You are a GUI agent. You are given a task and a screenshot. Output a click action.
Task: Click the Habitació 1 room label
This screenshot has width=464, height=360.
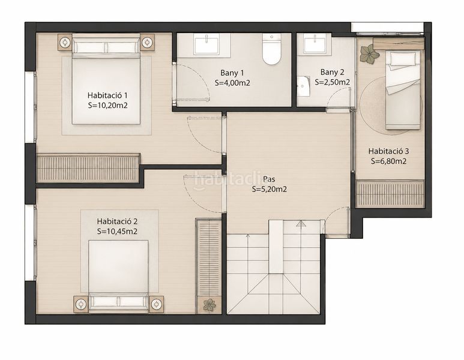107,95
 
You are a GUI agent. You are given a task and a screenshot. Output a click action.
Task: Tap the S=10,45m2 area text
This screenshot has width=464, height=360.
117,232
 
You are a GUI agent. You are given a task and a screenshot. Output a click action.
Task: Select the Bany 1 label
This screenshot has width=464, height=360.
232,73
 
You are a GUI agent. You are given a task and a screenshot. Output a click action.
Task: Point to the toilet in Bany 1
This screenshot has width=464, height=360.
272,49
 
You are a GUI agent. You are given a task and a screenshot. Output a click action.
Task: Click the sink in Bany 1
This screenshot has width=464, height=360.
206,44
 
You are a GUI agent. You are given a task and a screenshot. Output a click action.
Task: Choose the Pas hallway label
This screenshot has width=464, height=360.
269,179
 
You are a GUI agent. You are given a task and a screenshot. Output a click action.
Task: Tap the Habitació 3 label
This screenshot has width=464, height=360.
388,151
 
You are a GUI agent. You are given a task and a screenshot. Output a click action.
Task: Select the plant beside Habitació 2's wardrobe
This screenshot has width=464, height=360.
209,305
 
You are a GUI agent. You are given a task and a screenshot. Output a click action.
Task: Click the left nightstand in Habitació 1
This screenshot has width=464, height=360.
65,43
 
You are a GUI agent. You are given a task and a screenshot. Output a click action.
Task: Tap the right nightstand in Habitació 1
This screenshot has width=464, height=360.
147,43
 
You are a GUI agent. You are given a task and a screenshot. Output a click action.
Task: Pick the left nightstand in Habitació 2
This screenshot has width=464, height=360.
81,304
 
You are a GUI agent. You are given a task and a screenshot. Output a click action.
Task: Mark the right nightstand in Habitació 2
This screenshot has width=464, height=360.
156,304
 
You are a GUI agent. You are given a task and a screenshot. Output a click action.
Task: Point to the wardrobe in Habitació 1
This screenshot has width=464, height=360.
88,169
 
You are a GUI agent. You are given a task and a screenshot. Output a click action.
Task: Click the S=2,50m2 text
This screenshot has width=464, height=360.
333,82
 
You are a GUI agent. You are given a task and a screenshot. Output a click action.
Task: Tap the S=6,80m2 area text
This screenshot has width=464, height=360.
388,161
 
